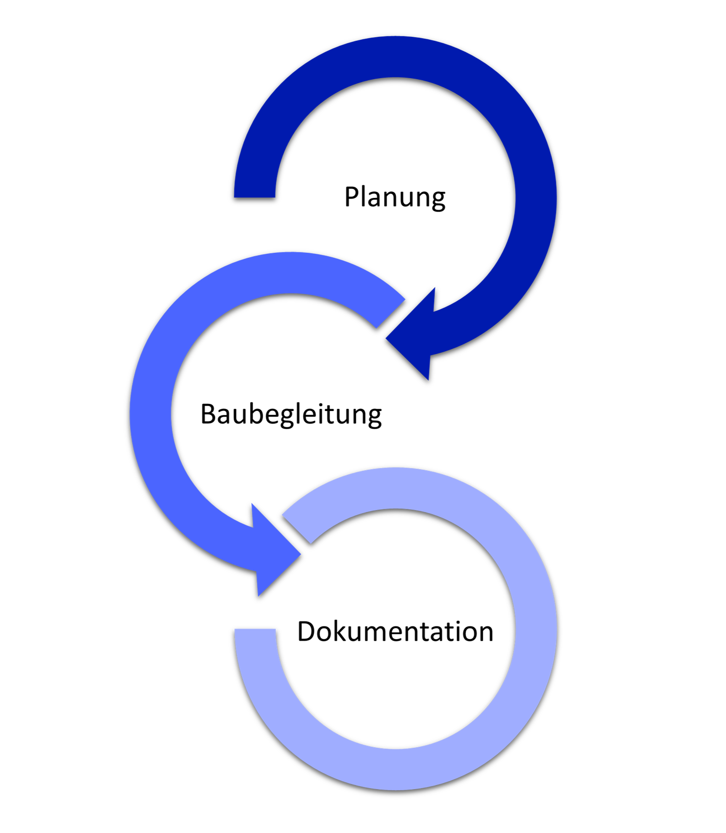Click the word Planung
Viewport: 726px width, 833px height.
(395, 197)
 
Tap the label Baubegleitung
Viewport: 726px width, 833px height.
(291, 414)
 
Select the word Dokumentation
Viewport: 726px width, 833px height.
(395, 632)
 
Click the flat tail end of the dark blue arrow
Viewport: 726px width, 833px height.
(255, 197)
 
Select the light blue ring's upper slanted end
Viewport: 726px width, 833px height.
(297, 529)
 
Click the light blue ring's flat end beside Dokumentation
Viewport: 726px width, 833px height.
(255, 630)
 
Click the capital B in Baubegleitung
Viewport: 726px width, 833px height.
(208, 414)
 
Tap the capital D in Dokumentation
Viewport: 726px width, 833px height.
(307, 632)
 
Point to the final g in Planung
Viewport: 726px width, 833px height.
(438, 200)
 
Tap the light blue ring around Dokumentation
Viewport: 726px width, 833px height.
(536, 632)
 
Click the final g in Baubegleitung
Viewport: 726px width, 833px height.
(375, 418)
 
